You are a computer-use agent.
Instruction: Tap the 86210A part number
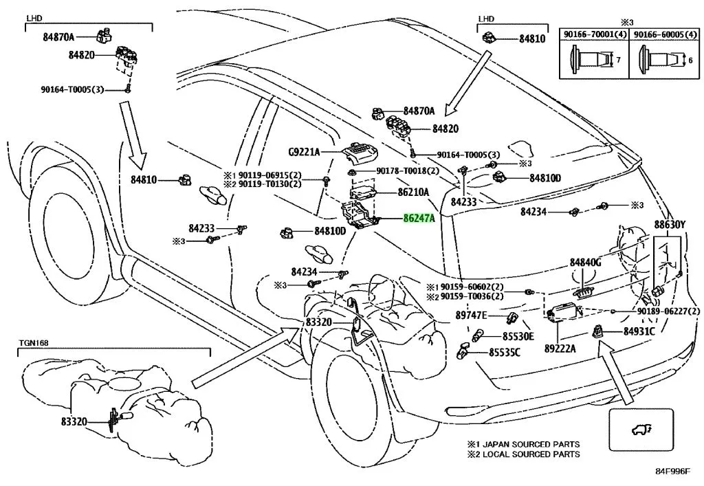tap(412, 192)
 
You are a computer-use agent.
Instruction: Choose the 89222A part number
tap(560, 349)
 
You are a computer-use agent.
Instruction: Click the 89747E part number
tap(471, 315)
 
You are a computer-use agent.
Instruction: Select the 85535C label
tap(505, 353)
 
